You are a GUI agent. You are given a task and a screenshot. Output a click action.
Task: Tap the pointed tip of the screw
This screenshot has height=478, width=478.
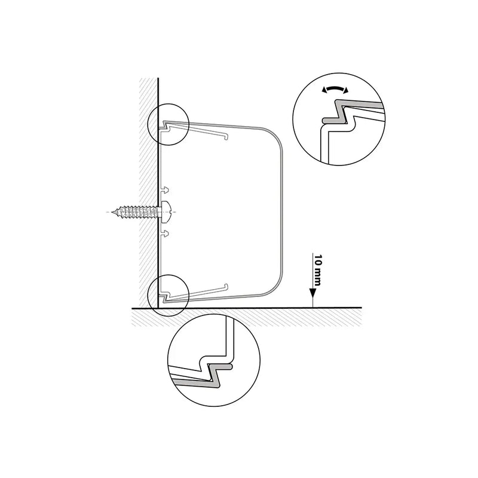[x=112, y=212]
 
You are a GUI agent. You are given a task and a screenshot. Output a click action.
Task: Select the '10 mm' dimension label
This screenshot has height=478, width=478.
[x=317, y=270]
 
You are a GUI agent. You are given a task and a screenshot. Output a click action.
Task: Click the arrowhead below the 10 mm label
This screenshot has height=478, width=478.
[x=312, y=293]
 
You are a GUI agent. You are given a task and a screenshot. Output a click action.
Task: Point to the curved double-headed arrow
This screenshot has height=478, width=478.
[x=335, y=88]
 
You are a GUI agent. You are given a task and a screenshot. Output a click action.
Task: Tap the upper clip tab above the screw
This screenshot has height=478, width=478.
[x=165, y=190]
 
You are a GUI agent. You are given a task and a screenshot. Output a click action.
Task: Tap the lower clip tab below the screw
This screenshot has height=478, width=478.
[x=165, y=234]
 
